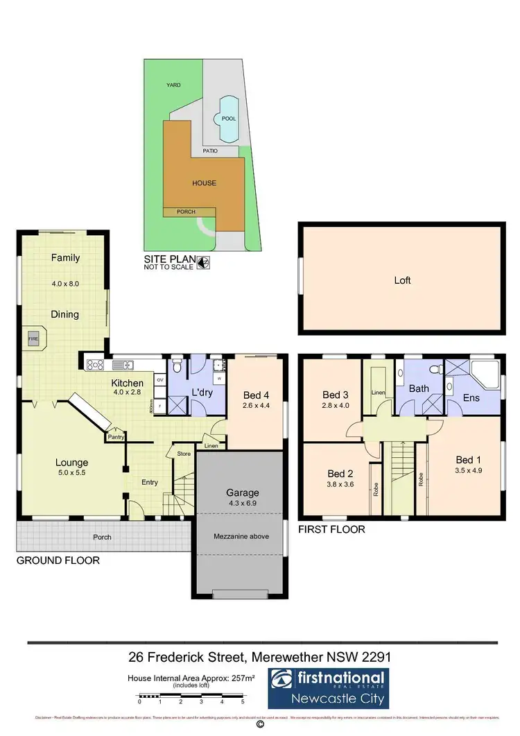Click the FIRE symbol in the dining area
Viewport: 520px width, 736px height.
(33, 339)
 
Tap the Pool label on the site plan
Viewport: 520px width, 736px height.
(228, 119)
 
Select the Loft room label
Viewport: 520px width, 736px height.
(402, 280)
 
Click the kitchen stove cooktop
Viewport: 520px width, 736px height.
(95, 364)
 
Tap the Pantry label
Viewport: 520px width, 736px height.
(115, 438)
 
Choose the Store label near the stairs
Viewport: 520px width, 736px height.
(184, 454)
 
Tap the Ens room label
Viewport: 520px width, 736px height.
(471, 397)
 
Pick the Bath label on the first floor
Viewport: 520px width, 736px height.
(419, 389)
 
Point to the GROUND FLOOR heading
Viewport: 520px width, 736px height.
(58, 560)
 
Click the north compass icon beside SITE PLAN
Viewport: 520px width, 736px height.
(203, 262)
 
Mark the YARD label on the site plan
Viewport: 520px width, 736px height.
(173, 85)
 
